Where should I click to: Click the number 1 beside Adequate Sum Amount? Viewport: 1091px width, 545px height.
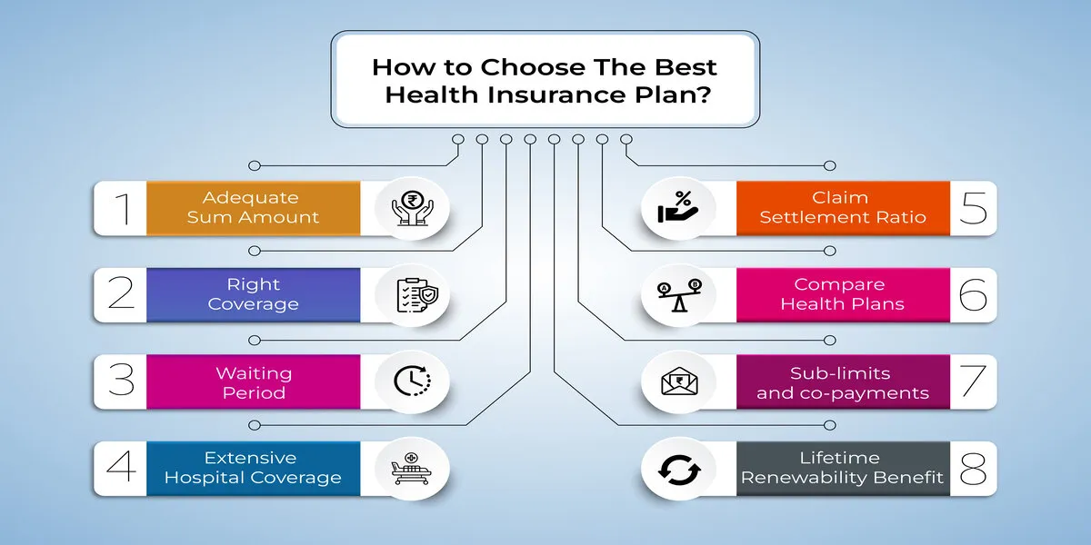coord(123,209)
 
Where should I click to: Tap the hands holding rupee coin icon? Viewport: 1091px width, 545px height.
coord(413,208)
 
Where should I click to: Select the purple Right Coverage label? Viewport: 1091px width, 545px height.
coord(254,294)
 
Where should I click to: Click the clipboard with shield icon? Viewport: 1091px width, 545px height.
coord(417,295)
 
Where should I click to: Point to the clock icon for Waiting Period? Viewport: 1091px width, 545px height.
coord(413,381)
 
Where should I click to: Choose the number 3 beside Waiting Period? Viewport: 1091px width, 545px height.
coord(121,380)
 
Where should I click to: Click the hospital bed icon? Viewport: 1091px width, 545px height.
coord(411,469)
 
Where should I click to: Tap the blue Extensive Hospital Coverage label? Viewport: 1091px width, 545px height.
coord(254,468)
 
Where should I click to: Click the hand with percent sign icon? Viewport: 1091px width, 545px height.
coord(678,208)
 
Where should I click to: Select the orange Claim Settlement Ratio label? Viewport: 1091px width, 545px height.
coord(843,208)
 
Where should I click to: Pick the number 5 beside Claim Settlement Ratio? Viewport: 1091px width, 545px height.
coord(973,208)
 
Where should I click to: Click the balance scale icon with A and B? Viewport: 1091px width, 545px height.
coord(679,295)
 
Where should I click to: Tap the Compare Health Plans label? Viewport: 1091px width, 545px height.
coord(843,294)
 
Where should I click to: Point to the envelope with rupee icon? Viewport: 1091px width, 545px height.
coord(679,381)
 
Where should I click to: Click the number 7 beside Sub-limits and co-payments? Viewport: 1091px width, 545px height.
coord(974,381)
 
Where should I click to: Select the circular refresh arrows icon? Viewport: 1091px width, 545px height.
coord(679,470)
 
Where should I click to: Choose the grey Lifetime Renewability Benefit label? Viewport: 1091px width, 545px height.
coord(843,468)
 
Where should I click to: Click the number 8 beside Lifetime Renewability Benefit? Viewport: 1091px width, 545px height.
coord(973,468)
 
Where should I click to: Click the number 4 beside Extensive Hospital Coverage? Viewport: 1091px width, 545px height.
coord(121,466)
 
